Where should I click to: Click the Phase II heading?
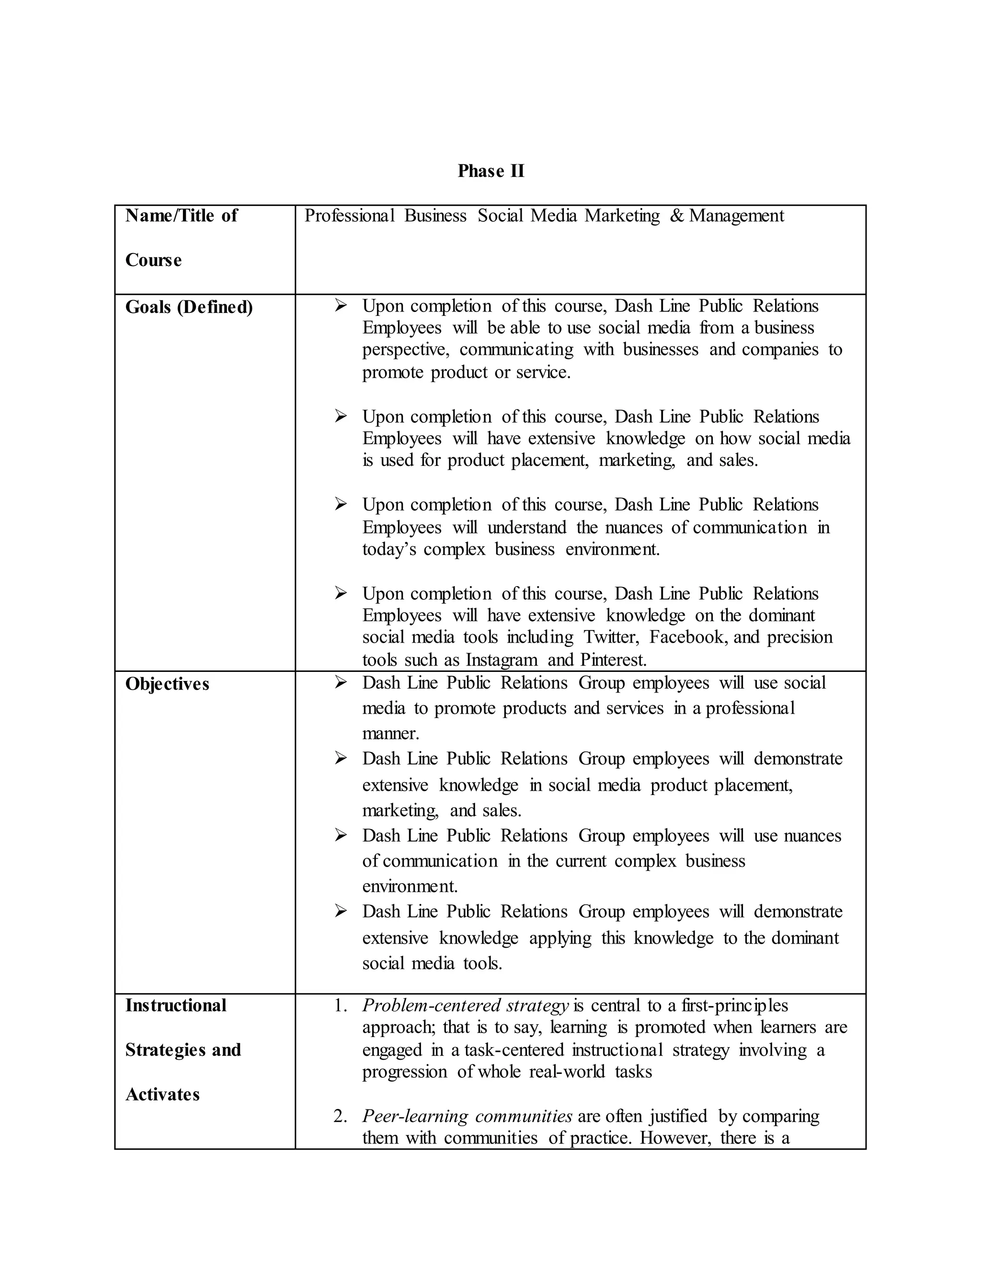490,171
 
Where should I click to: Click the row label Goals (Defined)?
189,307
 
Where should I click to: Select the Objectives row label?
167,684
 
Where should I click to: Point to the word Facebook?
687,637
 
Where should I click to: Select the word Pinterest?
613,660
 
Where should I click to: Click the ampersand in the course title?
676,216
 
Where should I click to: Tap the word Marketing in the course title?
622,216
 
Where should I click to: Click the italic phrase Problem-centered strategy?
465,1005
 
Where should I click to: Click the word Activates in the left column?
162,1095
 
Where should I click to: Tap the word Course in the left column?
153,260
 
